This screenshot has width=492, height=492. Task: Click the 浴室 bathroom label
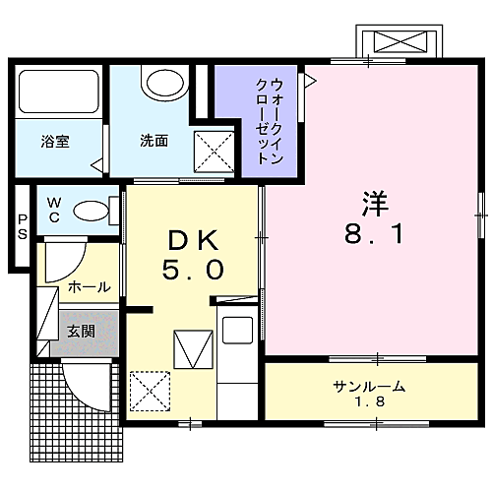coord(54,141)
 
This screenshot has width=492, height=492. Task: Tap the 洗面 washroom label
coord(153,141)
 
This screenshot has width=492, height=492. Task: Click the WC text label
coord(54,210)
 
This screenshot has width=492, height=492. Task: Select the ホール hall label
coord(89,287)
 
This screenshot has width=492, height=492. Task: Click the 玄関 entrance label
coord(81,332)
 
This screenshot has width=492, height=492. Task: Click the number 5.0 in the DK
coord(193,268)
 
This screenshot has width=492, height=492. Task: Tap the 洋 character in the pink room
coord(375,204)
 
